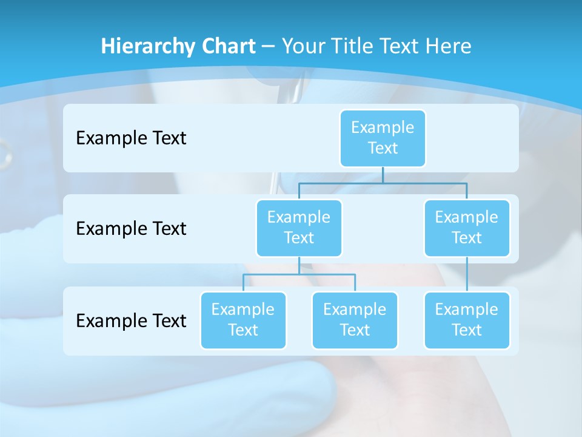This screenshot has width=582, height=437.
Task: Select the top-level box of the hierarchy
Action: [x=383, y=138]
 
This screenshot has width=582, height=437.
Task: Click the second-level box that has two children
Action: [x=299, y=228]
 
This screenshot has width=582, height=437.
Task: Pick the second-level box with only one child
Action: [x=467, y=228]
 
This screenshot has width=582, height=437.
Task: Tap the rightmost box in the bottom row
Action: [x=467, y=320]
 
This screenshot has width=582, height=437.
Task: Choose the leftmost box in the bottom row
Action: [x=243, y=320]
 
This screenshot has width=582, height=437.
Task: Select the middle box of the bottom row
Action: [x=355, y=320]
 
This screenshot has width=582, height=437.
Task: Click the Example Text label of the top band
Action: [x=131, y=138]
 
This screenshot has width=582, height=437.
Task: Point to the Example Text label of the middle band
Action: [x=131, y=228]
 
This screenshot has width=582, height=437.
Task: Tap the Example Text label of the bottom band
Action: [x=131, y=320]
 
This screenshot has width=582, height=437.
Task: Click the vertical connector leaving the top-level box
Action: [x=383, y=175]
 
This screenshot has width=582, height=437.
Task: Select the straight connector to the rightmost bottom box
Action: [x=467, y=274]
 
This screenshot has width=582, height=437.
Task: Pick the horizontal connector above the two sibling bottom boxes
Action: [x=299, y=274]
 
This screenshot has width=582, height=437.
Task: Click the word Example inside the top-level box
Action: [x=383, y=127]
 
